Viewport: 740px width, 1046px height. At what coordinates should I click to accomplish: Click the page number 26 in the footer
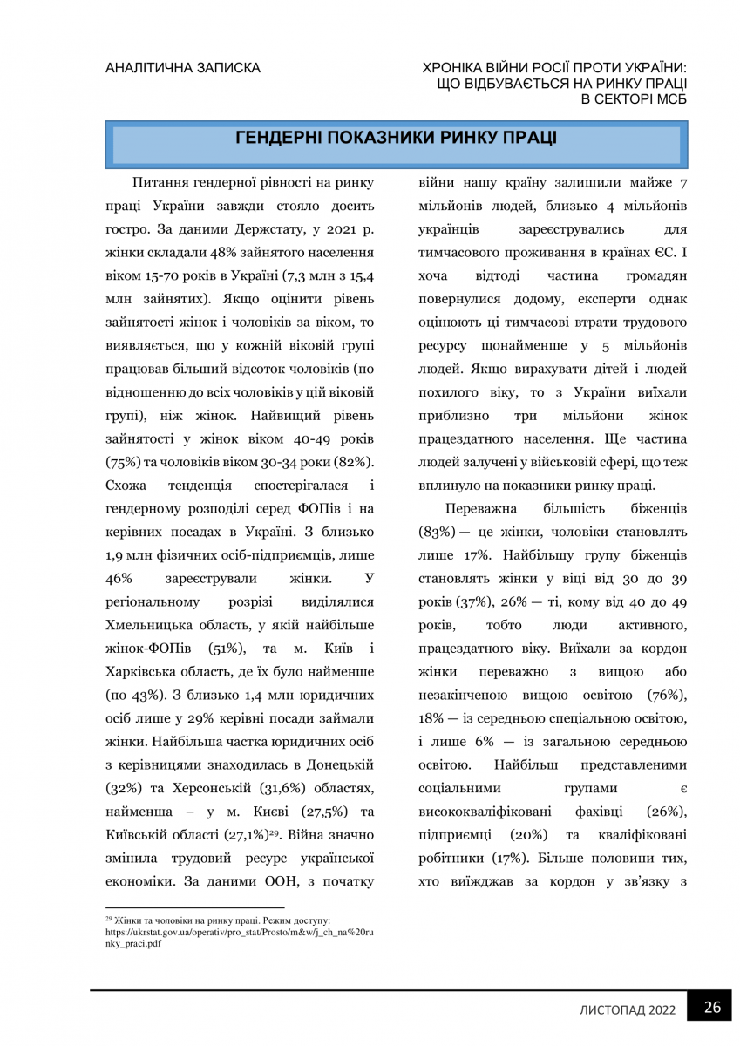click(x=712, y=1008)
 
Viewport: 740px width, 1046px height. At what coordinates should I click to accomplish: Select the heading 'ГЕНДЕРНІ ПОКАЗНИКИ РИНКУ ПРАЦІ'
click(x=397, y=139)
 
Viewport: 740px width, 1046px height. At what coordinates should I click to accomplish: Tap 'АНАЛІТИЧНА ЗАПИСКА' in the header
click(x=182, y=67)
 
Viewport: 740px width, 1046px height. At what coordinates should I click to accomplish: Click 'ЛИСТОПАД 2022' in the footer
click(x=628, y=1009)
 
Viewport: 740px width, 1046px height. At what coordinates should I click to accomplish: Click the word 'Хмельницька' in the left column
click(x=149, y=624)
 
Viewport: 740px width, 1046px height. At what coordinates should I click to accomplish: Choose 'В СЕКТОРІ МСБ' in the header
click(x=635, y=99)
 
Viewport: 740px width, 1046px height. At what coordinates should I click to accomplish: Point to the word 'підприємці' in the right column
click(x=453, y=834)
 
